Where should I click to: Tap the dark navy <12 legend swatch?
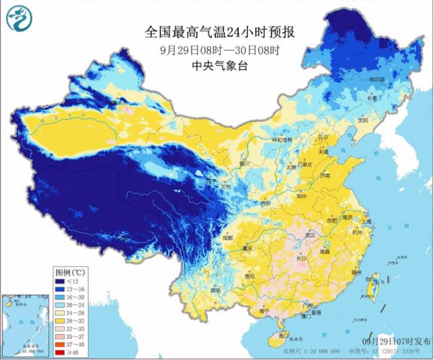[60, 281]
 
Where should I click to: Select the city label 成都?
[226, 238]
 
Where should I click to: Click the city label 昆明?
[216, 290]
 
